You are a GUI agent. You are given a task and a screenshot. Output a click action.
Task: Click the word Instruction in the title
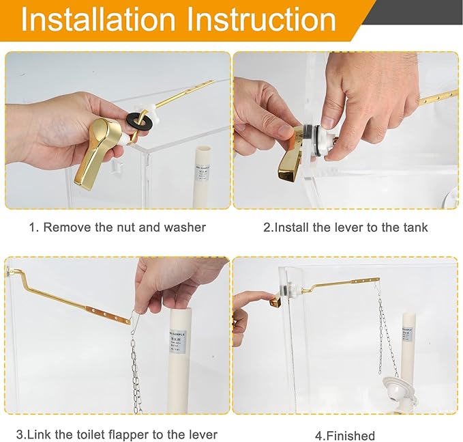tap(262, 20)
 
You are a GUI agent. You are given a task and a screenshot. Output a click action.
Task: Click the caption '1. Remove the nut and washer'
tap(117, 227)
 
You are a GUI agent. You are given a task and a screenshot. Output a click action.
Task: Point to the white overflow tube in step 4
tap(408, 348)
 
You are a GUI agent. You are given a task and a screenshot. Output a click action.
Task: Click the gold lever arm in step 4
tap(341, 284)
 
